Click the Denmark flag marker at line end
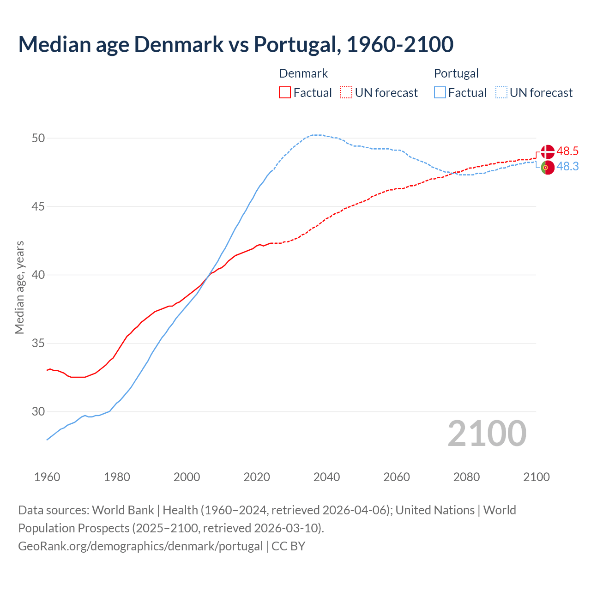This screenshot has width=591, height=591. [x=548, y=151]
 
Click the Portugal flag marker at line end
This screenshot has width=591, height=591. [x=548, y=168]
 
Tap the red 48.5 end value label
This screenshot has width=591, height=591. [x=567, y=151]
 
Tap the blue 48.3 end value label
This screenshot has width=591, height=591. [x=567, y=167]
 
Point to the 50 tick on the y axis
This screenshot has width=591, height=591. [x=38, y=138]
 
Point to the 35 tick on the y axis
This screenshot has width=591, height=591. [x=38, y=343]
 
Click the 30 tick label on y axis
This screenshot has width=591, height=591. [x=38, y=411]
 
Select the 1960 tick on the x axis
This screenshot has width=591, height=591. [x=47, y=477]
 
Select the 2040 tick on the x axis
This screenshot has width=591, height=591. [x=326, y=477]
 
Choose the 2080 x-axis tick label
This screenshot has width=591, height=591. [x=466, y=477]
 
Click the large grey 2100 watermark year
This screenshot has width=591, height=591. [x=487, y=434]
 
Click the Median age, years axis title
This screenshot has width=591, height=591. [x=19, y=287]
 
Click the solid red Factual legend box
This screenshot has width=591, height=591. [x=285, y=93]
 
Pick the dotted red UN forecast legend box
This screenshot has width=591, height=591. [x=346, y=93]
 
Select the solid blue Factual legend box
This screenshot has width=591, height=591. [x=440, y=93]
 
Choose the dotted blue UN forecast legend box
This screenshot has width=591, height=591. [x=501, y=93]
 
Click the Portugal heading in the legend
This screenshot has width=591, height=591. [x=456, y=73]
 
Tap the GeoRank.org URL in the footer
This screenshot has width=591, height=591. [x=140, y=546]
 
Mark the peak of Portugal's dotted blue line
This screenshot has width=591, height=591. [x=317, y=135]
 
